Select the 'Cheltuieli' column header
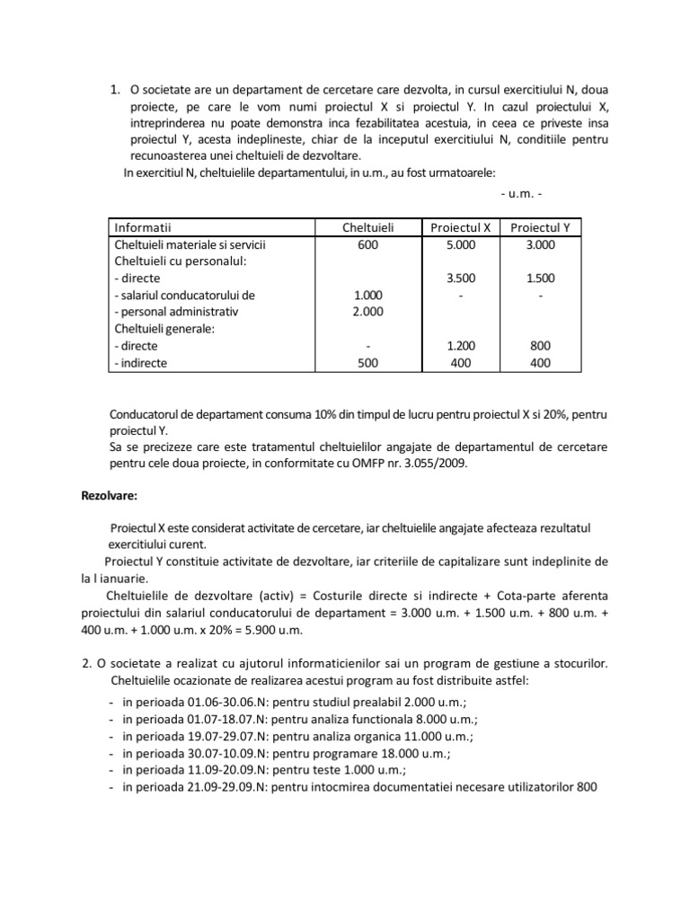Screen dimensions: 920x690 [368, 227]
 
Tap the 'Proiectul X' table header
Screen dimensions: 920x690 [460, 227]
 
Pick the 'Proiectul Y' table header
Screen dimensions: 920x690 [540, 227]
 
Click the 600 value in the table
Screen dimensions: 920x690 [368, 243]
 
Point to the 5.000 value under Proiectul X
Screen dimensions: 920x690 [460, 243]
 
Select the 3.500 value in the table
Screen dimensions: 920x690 [460, 278]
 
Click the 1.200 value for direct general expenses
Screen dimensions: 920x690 [460, 346]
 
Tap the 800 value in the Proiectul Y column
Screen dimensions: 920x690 [540, 346]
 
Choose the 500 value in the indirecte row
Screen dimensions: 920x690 [368, 363]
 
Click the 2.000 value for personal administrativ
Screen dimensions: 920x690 [368, 312]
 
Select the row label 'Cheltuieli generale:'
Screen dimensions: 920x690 [161, 329]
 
